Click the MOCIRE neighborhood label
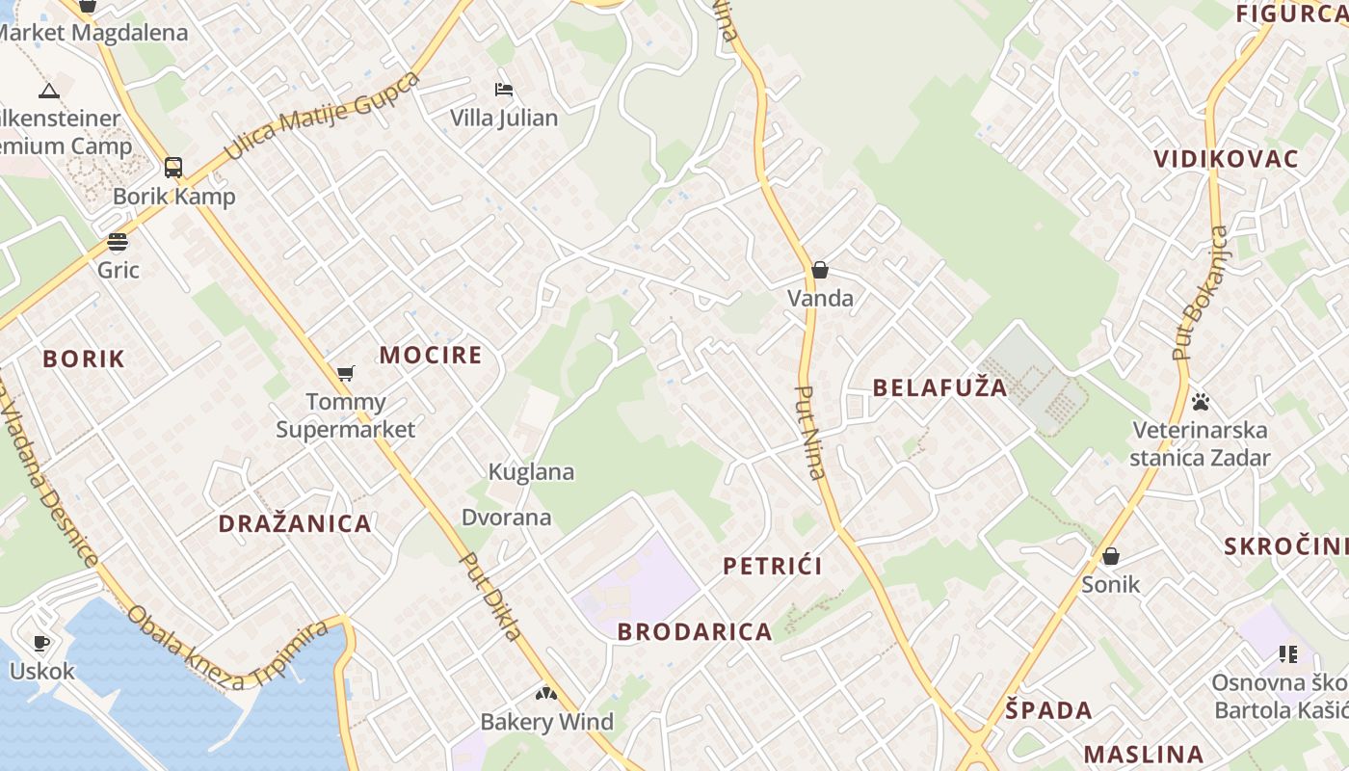click(430, 355)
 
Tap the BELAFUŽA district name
click(939, 387)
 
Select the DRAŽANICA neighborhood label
click(295, 524)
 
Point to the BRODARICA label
click(695, 632)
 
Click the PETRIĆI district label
click(773, 566)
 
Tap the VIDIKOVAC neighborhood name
click(1226, 159)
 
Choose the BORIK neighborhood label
click(84, 359)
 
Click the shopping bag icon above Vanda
click(820, 270)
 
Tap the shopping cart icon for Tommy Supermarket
click(345, 373)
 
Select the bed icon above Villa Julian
click(504, 90)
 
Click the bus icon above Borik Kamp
click(173, 168)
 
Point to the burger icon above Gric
click(118, 241)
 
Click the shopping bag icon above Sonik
click(1111, 556)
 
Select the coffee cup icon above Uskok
click(41, 643)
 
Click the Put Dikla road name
click(490, 596)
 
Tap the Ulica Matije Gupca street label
click(322, 116)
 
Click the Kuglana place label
click(531, 472)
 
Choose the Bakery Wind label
click(546, 722)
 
